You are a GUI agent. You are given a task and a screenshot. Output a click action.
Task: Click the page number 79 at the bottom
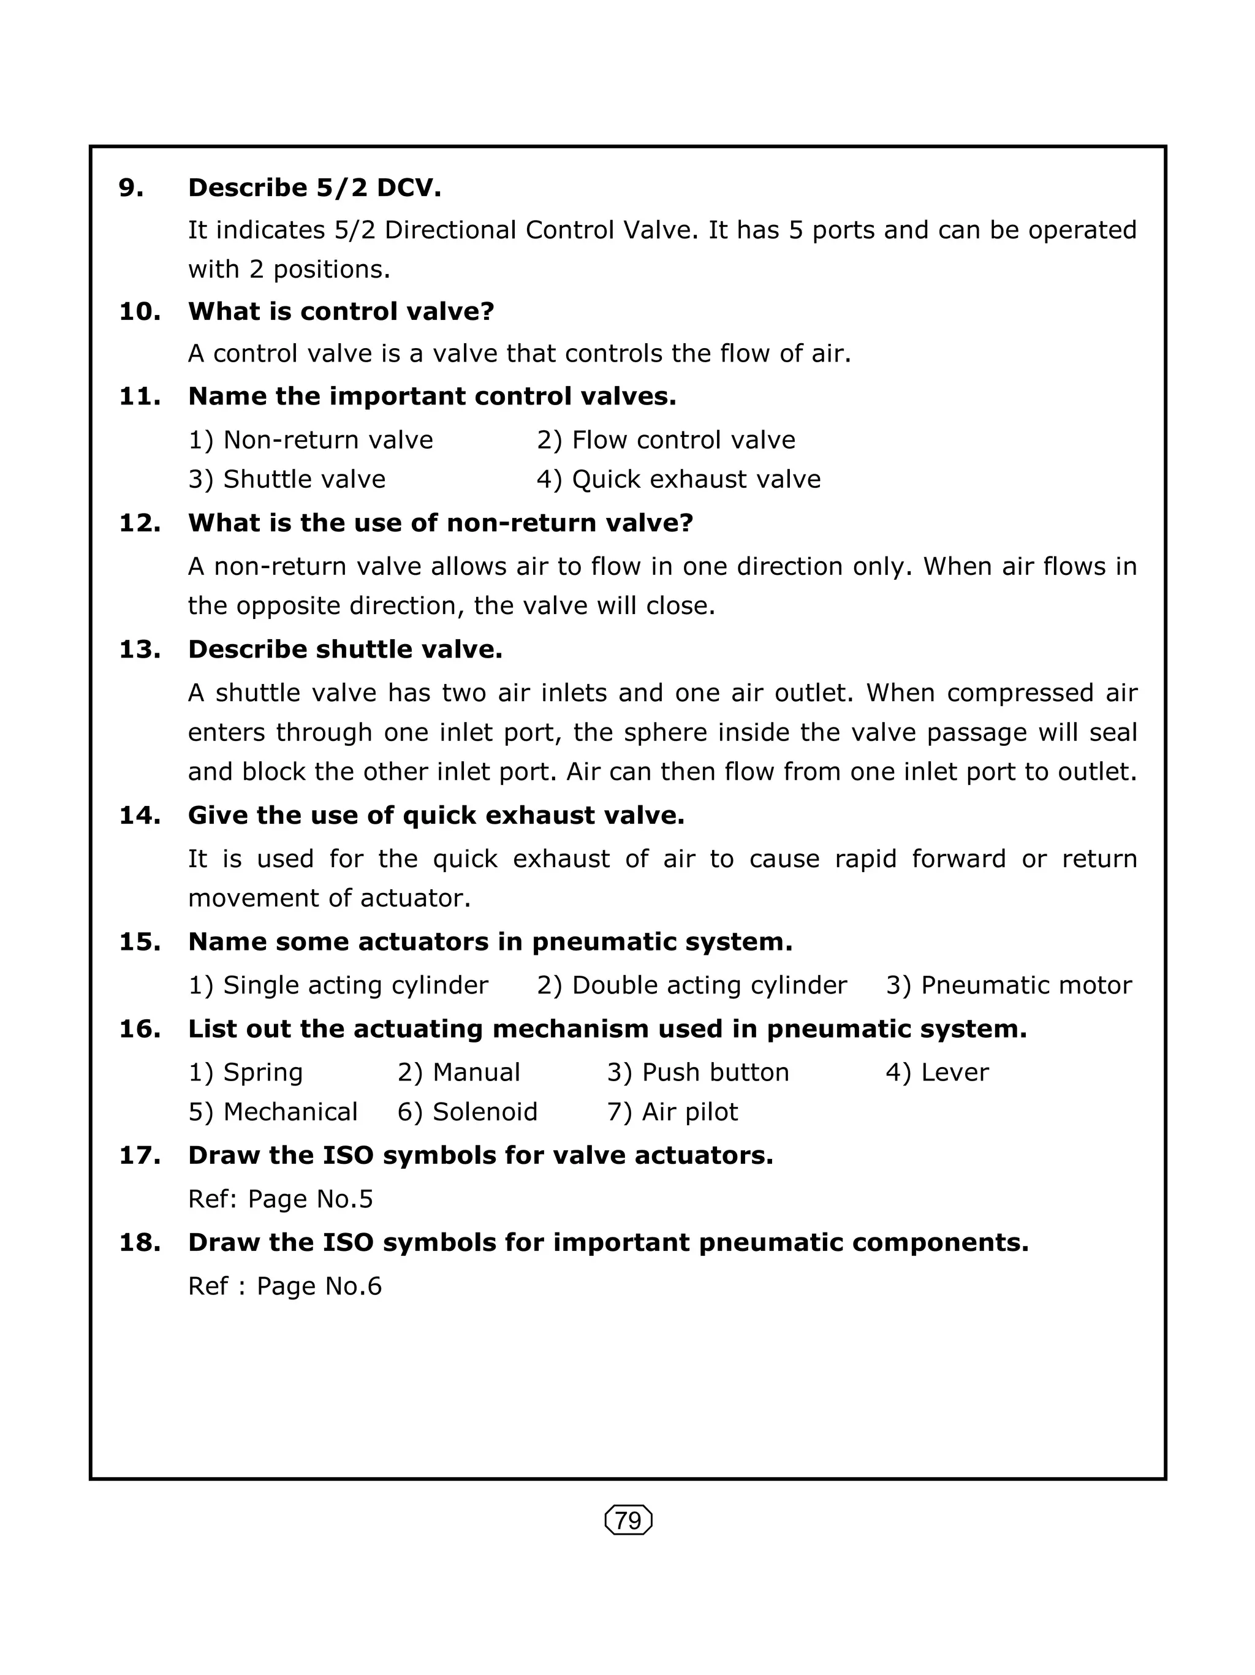pyautogui.click(x=628, y=1521)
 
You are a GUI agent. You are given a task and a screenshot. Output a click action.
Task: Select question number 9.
pyautogui.click(x=131, y=188)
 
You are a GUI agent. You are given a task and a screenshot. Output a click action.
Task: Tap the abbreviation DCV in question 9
pyautogui.click(x=408, y=188)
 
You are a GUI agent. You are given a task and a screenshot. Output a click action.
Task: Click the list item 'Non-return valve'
pyautogui.click(x=328, y=440)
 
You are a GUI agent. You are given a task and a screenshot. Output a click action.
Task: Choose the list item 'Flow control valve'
pyautogui.click(x=683, y=440)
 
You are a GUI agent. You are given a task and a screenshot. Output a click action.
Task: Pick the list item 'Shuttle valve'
pyautogui.click(x=303, y=479)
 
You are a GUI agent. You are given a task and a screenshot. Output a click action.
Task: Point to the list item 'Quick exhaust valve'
pyautogui.click(x=696, y=479)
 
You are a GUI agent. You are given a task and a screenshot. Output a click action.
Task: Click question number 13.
pyautogui.click(x=139, y=650)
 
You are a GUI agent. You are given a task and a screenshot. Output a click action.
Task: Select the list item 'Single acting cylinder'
pyautogui.click(x=355, y=985)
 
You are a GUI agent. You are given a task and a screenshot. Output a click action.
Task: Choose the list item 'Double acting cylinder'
pyautogui.click(x=708, y=985)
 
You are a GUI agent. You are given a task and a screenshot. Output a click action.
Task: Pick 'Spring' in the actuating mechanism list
pyautogui.click(x=263, y=1073)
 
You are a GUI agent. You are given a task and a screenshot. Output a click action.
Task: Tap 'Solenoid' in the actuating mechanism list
pyautogui.click(x=485, y=1112)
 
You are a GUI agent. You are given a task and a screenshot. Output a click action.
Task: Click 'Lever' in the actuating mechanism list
pyautogui.click(x=954, y=1073)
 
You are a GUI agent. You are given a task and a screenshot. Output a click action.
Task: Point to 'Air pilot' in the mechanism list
pyautogui.click(x=689, y=1112)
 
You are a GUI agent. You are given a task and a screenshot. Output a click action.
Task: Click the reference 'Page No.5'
pyautogui.click(x=310, y=1199)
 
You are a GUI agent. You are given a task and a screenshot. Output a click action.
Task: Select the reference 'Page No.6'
pyautogui.click(x=319, y=1286)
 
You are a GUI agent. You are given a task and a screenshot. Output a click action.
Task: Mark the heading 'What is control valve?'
pyautogui.click(x=341, y=311)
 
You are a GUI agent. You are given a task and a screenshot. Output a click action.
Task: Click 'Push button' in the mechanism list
pyautogui.click(x=715, y=1073)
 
